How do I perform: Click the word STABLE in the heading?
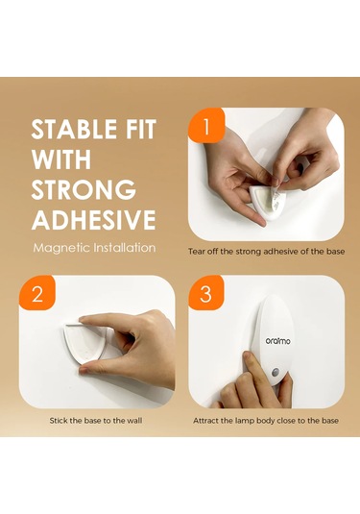click(x=74, y=129)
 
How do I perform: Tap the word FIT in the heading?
click(x=139, y=129)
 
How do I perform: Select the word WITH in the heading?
click(x=60, y=159)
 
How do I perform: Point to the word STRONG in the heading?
click(x=84, y=190)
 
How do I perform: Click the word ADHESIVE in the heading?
click(x=94, y=220)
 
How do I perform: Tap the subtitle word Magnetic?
click(x=61, y=248)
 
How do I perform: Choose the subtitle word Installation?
click(x=125, y=248)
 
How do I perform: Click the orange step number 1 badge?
click(x=206, y=126)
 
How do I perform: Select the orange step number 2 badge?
click(x=37, y=293)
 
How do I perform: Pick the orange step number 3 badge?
click(x=205, y=293)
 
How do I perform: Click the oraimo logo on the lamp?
click(x=277, y=341)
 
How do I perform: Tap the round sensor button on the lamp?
click(x=276, y=373)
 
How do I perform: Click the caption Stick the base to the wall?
click(x=96, y=421)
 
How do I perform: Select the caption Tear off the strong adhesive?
click(x=267, y=252)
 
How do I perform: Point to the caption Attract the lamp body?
click(x=266, y=421)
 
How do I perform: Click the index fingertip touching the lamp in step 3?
click(x=248, y=356)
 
